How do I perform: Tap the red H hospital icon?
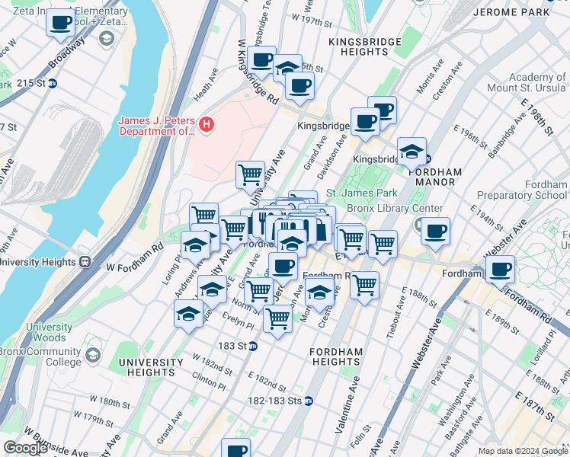coord(204,124)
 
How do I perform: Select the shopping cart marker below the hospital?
coord(250,174)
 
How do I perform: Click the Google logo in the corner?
coord(25,448)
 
